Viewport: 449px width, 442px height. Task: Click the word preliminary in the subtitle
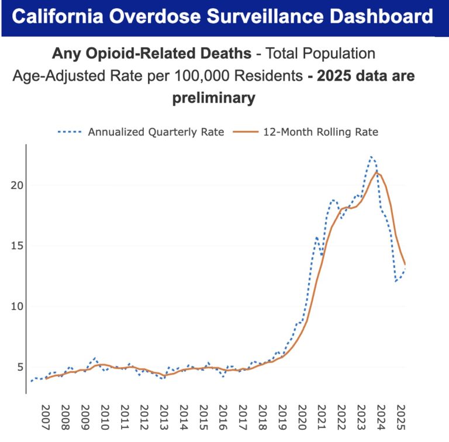coord(213,98)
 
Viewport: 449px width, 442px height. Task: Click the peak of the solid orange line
coord(378,172)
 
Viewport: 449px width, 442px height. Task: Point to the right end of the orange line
coord(405,264)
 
